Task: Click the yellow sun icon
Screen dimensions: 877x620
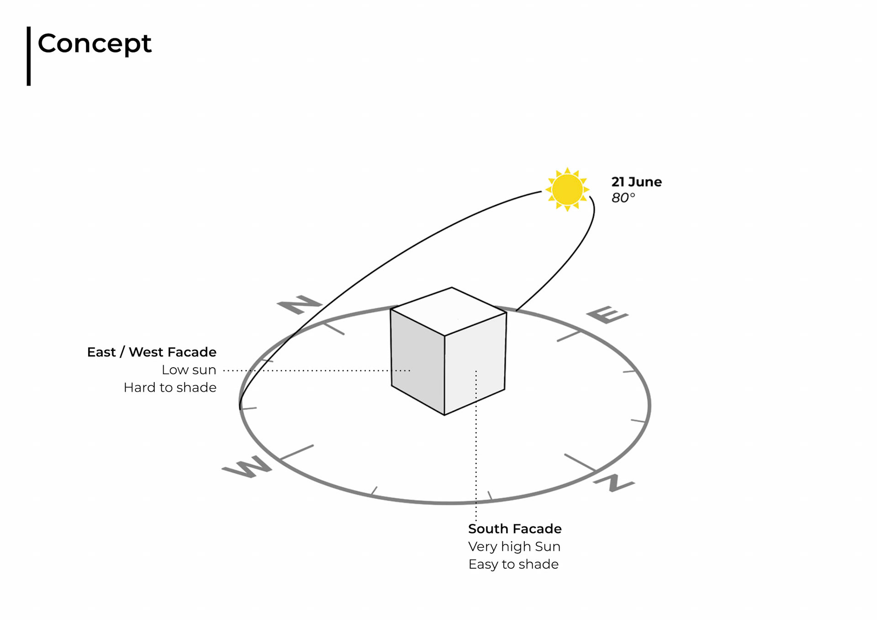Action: [567, 189]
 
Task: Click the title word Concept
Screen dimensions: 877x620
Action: [94, 44]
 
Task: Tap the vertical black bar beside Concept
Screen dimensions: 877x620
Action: [29, 56]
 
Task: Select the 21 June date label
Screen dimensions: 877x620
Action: [636, 182]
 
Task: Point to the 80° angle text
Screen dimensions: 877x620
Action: [623, 198]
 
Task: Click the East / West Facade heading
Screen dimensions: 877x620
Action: [152, 352]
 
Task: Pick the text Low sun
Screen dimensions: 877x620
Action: [189, 370]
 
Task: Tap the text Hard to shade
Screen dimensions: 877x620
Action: [170, 387]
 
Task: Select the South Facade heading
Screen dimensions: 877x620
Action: [515, 529]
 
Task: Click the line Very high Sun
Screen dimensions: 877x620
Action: [514, 546]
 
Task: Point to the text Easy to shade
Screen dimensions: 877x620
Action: [513, 564]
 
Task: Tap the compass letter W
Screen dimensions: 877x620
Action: [247, 466]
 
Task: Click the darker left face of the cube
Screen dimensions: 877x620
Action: [417, 361]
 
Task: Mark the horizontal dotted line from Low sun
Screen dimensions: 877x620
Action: [315, 371]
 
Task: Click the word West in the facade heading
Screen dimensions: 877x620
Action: [146, 352]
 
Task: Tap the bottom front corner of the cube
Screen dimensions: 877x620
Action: [444, 414]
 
